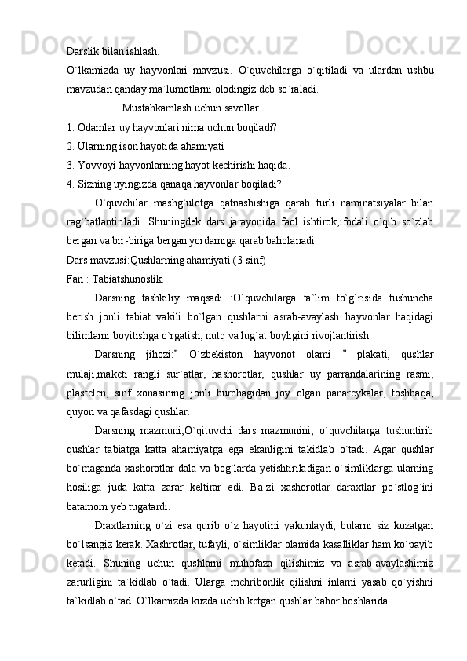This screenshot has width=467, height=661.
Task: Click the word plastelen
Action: pyautogui.click(x=88, y=393)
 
